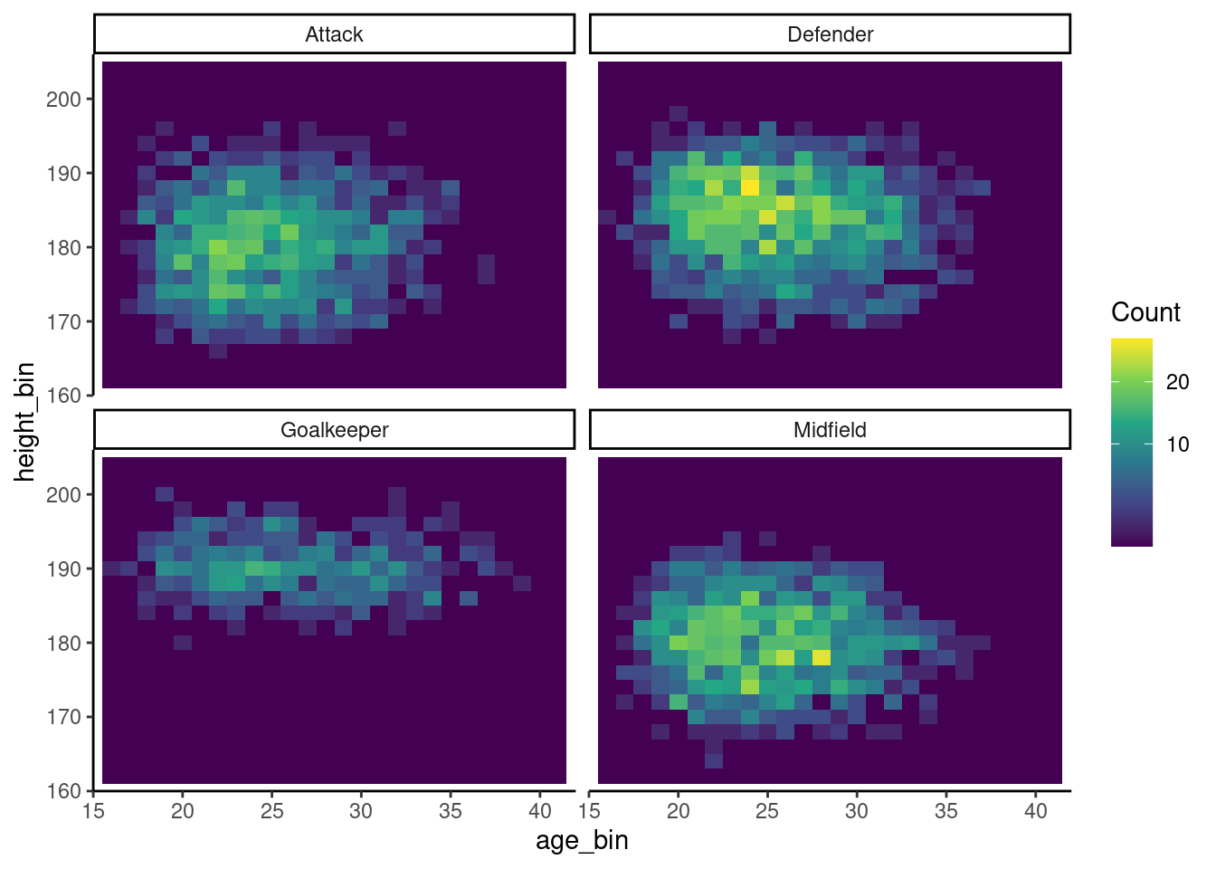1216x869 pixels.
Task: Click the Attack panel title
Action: (334, 34)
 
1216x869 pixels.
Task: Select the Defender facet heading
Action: (830, 34)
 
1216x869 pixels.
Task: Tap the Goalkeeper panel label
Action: (334, 430)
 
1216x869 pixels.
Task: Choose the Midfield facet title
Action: (830, 430)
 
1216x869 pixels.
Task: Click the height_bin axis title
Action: (24, 422)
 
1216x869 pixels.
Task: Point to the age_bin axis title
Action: (582, 841)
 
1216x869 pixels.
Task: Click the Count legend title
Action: (1145, 312)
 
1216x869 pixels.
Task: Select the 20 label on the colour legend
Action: (1177, 382)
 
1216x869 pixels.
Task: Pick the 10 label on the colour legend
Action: (1177, 444)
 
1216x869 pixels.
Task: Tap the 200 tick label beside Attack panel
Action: (63, 100)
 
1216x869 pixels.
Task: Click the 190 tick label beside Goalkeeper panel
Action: (63, 569)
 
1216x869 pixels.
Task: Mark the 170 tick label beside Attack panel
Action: (63, 322)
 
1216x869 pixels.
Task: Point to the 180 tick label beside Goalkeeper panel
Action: (63, 644)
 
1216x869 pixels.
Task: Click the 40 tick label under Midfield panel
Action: (1035, 811)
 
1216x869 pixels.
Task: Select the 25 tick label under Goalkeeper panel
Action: (271, 811)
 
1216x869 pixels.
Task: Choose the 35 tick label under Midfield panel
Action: (945, 811)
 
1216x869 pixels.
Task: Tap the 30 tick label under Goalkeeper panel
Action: (360, 811)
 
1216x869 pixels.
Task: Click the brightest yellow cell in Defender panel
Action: (750, 187)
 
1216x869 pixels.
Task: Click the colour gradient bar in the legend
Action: (1131, 442)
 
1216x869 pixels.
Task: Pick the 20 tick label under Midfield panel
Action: (678, 811)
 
